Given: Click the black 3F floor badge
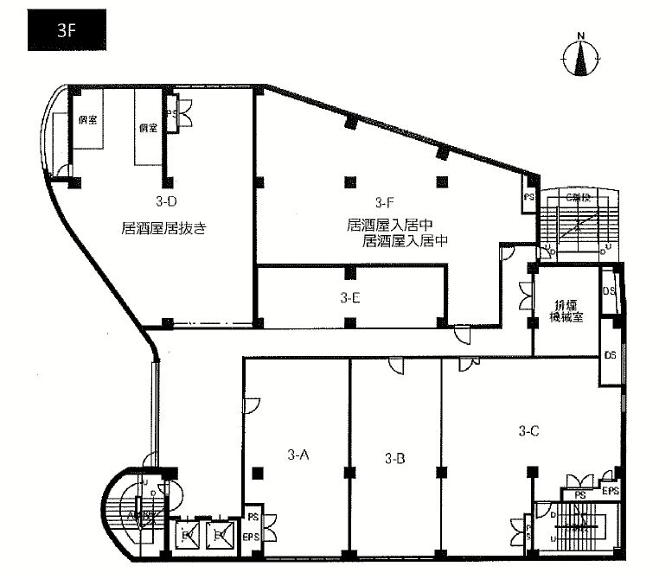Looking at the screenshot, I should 67,29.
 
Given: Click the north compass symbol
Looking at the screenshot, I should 581,57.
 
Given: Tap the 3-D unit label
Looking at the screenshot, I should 166,203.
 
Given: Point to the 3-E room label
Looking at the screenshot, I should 350,297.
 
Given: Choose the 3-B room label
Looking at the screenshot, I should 394,457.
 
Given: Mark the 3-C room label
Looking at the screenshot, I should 529,429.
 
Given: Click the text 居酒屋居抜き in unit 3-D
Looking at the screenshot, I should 168,229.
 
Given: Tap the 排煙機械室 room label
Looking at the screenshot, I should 567,310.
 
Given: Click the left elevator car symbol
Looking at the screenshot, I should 187,537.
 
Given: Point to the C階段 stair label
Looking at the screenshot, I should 577,199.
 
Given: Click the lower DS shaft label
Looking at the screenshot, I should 610,355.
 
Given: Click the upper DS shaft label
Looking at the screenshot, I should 609,291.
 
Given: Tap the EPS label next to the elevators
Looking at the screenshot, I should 253,537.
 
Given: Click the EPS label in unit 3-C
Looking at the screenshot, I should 611,492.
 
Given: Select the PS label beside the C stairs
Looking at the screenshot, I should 528,198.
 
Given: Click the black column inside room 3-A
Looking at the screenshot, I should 258,472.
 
